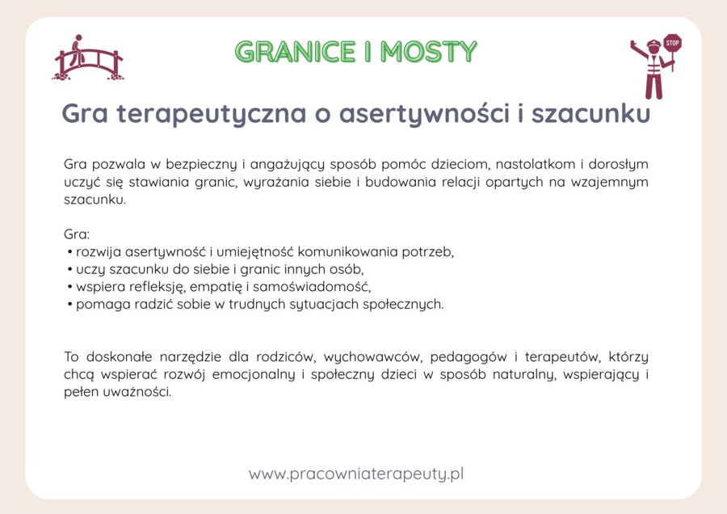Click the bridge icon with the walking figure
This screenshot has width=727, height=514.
coord(87,58)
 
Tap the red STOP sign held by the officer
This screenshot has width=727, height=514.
coord(672,43)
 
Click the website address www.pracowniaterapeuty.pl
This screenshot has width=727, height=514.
coord(356,474)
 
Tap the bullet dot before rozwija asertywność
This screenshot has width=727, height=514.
coord(70,252)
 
